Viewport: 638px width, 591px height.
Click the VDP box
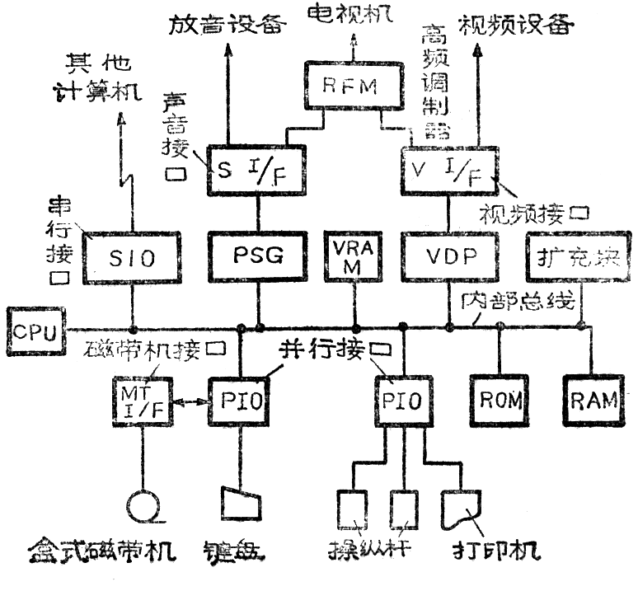point(450,256)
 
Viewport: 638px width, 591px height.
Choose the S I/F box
point(256,169)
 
